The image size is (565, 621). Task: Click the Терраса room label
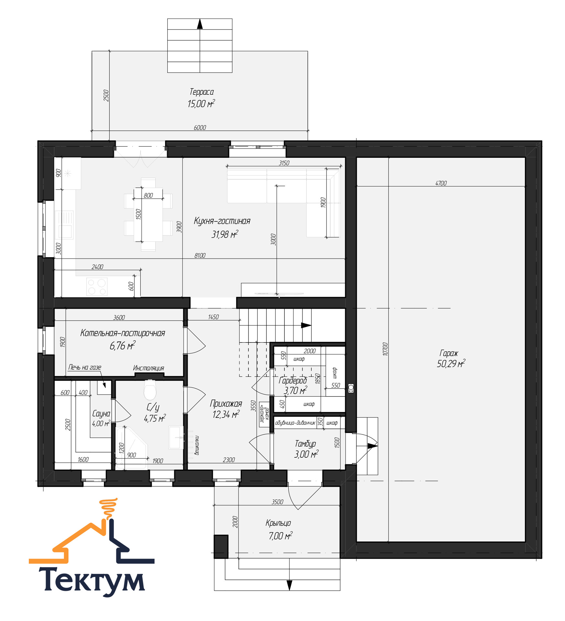point(201,92)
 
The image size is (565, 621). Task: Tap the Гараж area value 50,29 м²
point(451,364)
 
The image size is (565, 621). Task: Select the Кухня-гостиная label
point(222,221)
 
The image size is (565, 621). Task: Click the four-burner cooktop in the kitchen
point(97,287)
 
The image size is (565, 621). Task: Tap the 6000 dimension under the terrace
point(200,127)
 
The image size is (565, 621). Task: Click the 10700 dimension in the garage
point(385,349)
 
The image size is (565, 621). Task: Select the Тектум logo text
point(92,581)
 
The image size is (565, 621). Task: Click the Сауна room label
point(101,413)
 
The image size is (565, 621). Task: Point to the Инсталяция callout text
point(149,368)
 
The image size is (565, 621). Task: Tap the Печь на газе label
point(84,367)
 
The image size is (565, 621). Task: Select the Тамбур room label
point(305,444)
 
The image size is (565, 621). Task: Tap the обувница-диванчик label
point(295,423)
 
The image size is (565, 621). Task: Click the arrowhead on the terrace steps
point(200,24)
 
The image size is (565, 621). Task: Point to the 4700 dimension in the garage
point(441,183)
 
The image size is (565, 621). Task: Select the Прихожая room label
point(226,404)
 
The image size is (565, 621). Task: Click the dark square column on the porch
point(221,546)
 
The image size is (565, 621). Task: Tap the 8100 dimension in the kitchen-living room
point(200,255)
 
